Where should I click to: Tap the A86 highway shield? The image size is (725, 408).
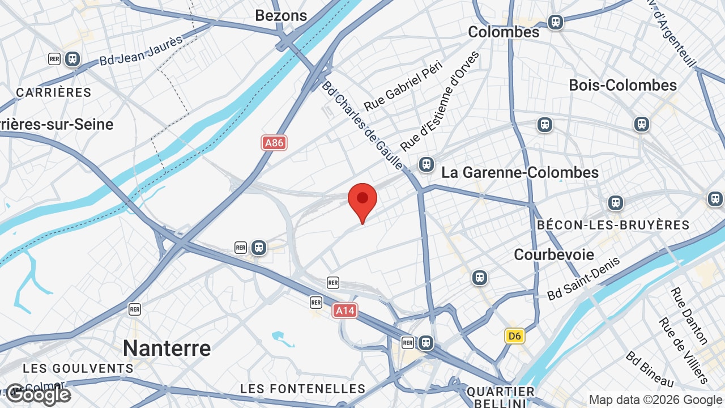click(274, 143)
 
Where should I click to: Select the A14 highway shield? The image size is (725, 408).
click(345, 311)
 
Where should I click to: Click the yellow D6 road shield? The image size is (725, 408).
click(514, 336)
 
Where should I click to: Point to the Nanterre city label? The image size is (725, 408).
click(167, 348)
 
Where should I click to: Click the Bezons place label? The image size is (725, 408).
click(281, 15)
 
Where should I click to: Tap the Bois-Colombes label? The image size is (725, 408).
click(622, 85)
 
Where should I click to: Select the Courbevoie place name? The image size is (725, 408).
click(554, 254)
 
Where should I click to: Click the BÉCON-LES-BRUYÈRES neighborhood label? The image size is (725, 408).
click(613, 225)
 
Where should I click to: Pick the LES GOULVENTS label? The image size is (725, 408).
click(78, 368)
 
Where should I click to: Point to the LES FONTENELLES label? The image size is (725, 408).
click(303, 389)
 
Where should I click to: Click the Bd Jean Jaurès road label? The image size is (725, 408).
click(142, 50)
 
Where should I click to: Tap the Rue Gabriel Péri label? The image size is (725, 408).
click(403, 86)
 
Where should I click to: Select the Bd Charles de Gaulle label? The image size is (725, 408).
click(362, 125)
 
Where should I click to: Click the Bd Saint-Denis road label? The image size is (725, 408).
click(583, 278)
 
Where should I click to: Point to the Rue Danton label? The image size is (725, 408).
click(689, 316)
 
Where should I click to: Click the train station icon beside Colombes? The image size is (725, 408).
click(556, 22)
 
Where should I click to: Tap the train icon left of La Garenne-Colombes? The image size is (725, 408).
click(427, 164)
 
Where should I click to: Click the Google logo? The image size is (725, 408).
click(38, 395)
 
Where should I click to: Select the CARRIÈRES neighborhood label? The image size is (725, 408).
click(54, 92)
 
